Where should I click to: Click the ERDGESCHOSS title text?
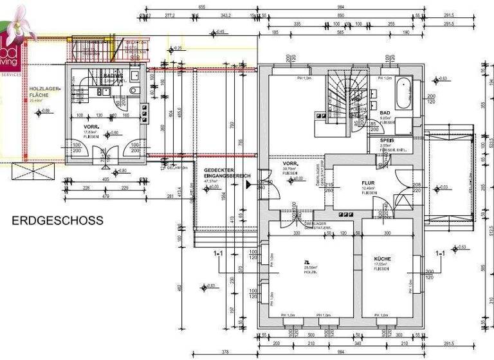point(57,221)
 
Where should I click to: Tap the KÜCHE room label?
point(383,258)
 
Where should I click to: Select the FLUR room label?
point(368,182)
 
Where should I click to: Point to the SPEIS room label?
point(387,139)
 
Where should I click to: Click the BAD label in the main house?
point(385,112)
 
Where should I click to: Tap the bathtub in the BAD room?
point(405,93)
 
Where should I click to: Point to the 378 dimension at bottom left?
point(225,352)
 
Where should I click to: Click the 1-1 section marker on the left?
point(218,254)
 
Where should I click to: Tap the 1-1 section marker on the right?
point(440,254)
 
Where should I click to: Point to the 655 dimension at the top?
point(201,6)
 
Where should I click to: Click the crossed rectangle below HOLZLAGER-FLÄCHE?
point(35,172)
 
